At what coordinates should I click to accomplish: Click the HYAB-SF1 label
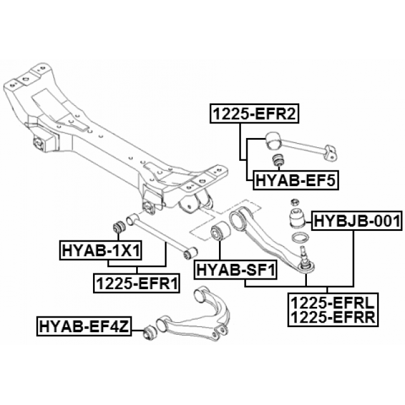tap(235, 271)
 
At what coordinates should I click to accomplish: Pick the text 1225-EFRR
tap(332, 317)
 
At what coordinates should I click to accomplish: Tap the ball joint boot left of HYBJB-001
tap(296, 219)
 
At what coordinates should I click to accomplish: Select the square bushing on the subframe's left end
tap(45, 142)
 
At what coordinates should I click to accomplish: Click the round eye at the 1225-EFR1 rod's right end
tap(187, 254)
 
